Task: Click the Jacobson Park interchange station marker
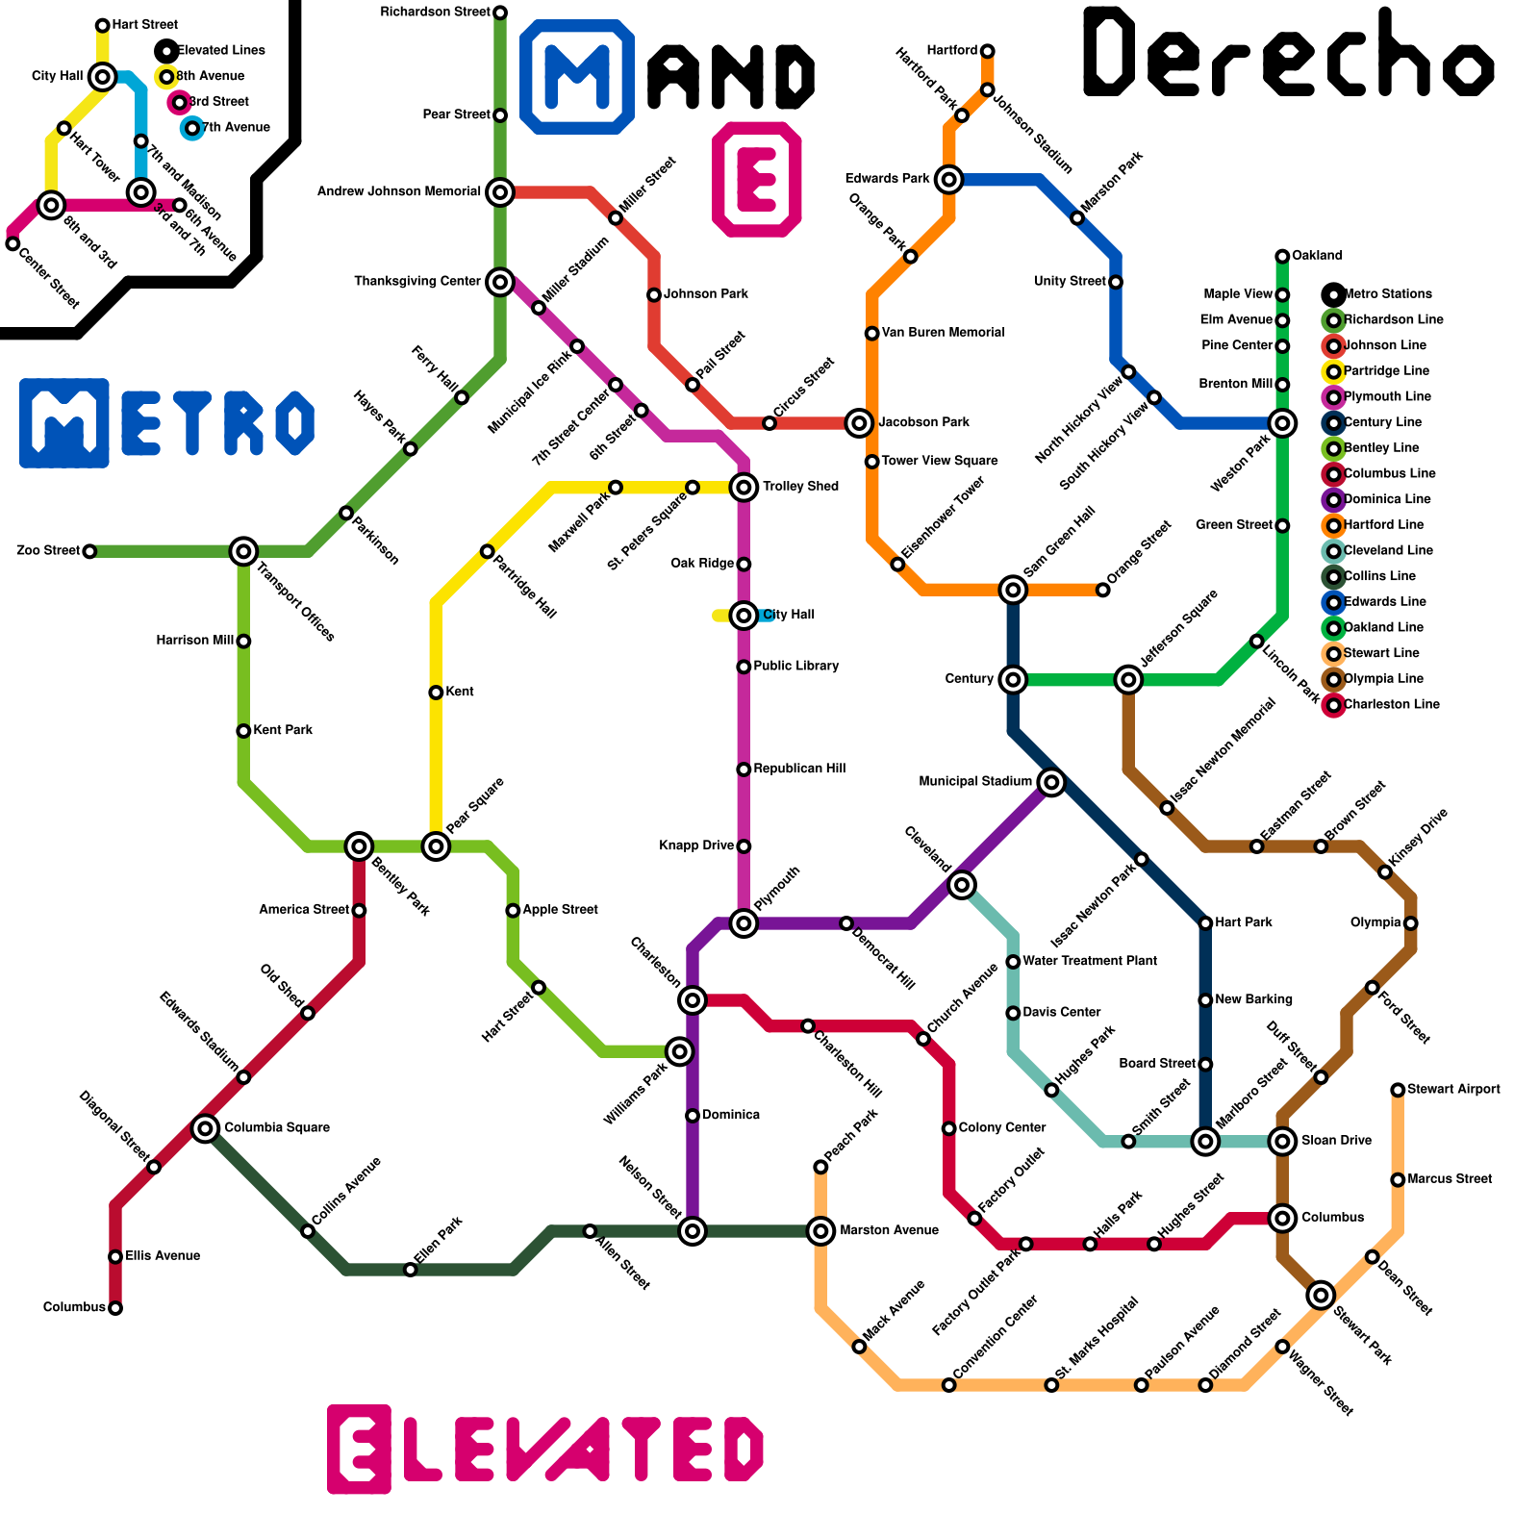[x=859, y=422]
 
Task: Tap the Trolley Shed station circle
[x=744, y=487]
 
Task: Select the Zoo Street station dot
[x=89, y=551]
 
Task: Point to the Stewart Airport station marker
[x=1398, y=1090]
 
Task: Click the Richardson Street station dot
[x=500, y=13]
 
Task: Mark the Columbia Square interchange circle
[x=205, y=1128]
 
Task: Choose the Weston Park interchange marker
[x=1282, y=422]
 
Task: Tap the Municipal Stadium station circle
[x=1051, y=782]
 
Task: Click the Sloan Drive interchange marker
[x=1282, y=1142]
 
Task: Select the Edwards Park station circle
[x=949, y=179]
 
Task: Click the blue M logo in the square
[x=577, y=76]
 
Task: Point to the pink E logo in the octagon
[x=757, y=179]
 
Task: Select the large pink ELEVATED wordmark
[x=545, y=1449]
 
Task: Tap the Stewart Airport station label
[x=1452, y=1090]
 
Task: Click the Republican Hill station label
[x=799, y=769]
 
